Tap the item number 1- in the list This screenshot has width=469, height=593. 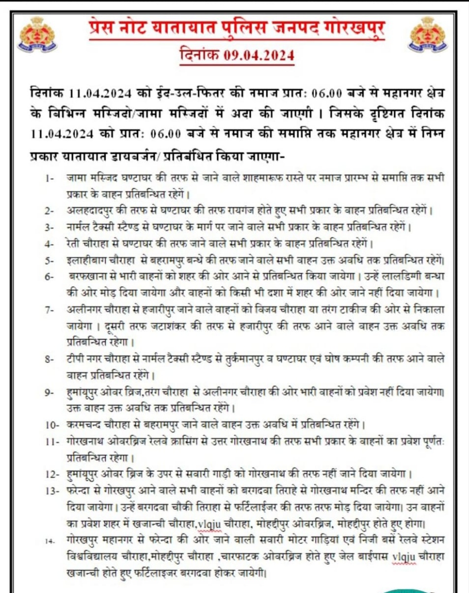(x=49, y=180)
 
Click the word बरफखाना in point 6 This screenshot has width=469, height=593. (x=87, y=277)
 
